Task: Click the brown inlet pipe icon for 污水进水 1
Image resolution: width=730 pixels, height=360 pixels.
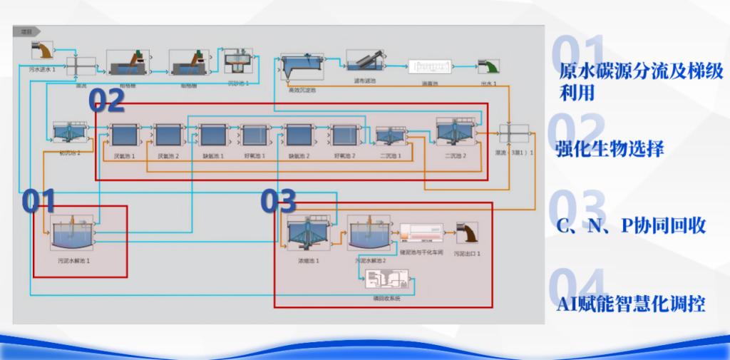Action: click(43, 50)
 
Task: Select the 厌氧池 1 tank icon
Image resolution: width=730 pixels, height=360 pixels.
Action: click(123, 135)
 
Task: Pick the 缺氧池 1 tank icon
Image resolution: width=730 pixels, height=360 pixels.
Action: click(212, 135)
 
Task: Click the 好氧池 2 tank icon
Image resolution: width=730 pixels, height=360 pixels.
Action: click(344, 135)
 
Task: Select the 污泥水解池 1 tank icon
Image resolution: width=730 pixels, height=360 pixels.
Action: click(73, 232)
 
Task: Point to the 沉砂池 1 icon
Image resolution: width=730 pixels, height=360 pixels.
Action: click(239, 64)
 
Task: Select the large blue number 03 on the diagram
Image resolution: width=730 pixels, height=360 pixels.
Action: click(278, 202)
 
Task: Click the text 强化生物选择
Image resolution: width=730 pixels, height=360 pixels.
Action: click(610, 150)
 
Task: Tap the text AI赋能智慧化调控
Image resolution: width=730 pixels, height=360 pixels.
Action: click(630, 304)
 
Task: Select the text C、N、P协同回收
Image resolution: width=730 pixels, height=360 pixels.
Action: click(630, 226)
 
